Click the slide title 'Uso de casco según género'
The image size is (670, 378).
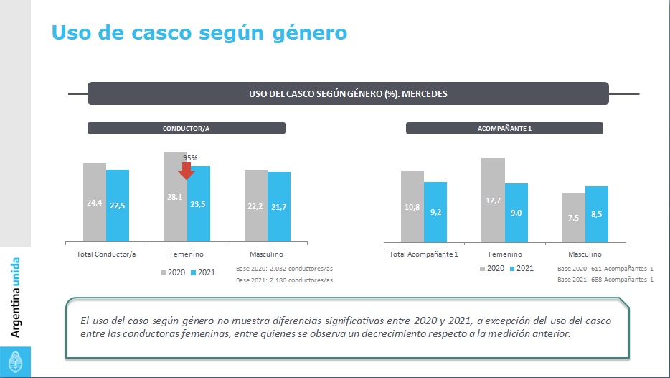[199, 32]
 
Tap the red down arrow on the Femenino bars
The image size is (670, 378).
[187, 170]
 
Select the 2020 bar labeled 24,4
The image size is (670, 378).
[95, 203]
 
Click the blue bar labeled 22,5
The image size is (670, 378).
[118, 206]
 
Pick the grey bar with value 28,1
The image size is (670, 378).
[175, 196]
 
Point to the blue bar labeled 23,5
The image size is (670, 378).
[199, 204]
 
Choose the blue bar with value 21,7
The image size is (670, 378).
[279, 207]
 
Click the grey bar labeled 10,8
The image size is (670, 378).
[412, 207]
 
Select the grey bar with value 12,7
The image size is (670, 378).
[493, 200]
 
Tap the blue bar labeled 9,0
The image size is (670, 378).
[516, 213]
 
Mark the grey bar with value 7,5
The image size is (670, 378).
[573, 218]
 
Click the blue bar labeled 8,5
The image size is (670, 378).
[597, 214]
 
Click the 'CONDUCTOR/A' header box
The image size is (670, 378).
[187, 129]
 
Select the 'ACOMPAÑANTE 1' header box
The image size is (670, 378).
[504, 129]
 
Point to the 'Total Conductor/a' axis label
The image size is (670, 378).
[106, 254]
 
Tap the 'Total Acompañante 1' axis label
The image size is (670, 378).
[424, 254]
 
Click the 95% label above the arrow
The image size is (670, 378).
[190, 157]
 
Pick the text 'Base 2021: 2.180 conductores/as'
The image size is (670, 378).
[284, 279]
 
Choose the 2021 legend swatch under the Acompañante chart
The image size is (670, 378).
[512, 268]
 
